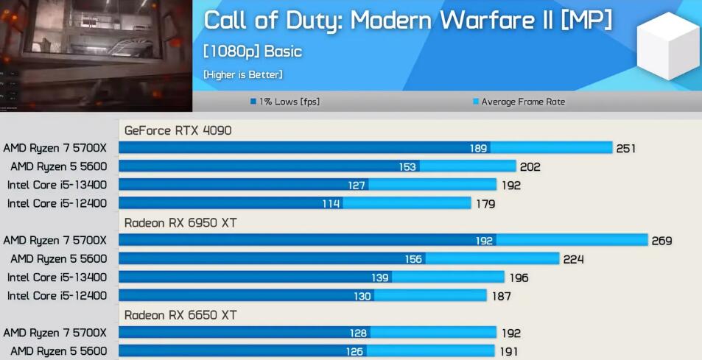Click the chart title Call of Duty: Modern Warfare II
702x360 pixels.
point(407,21)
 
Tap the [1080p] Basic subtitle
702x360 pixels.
point(252,52)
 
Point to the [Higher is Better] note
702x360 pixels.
point(242,74)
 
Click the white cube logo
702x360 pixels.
point(667,46)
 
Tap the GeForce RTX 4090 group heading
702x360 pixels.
point(178,130)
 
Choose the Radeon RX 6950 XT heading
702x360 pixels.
point(180,222)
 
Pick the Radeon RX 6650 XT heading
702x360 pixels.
point(180,315)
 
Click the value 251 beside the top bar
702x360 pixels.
point(625,149)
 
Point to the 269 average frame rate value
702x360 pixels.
point(661,241)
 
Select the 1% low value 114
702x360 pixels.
point(331,204)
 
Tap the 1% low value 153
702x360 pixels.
point(407,167)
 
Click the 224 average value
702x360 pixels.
point(573,259)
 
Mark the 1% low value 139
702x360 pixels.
point(380,278)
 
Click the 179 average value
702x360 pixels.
point(485,204)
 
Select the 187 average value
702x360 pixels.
point(501,296)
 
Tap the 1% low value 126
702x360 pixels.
point(354,352)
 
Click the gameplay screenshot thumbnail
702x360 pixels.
point(96,55)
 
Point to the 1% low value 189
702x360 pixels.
point(478,149)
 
